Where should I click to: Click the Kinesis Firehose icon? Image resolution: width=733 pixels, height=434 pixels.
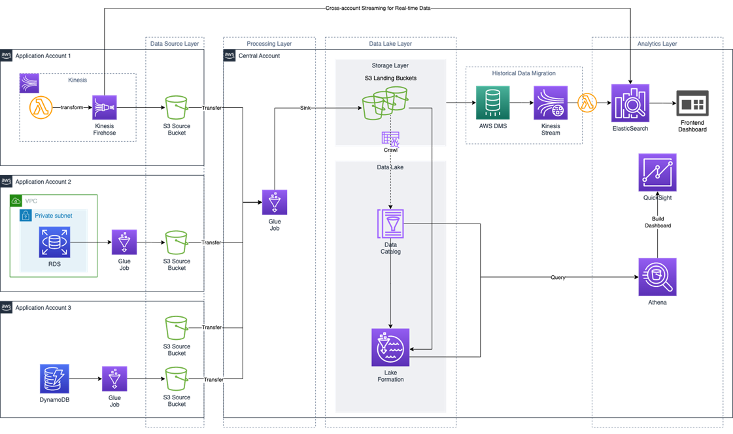(105, 107)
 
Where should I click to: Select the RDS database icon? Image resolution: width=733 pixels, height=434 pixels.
(54, 243)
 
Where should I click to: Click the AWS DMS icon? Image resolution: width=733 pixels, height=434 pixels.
(492, 103)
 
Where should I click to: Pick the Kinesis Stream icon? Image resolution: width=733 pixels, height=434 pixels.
(550, 103)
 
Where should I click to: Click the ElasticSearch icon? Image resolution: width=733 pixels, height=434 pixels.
(630, 103)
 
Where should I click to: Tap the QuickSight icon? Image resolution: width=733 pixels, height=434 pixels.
(657, 173)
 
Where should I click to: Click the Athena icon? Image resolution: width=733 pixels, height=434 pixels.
(657, 277)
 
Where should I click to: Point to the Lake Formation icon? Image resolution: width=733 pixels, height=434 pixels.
(390, 347)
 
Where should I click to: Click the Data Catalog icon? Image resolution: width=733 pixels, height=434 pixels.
(390, 224)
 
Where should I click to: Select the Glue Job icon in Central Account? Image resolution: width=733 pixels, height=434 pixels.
(275, 203)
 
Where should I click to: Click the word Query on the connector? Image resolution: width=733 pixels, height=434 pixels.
(558, 278)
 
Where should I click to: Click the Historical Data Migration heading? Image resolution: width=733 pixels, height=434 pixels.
(523, 73)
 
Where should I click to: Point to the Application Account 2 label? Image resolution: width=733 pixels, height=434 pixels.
(43, 182)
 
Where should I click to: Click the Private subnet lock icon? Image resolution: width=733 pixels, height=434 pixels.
(26, 216)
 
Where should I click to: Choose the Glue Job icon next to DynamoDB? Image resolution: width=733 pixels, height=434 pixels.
(114, 379)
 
